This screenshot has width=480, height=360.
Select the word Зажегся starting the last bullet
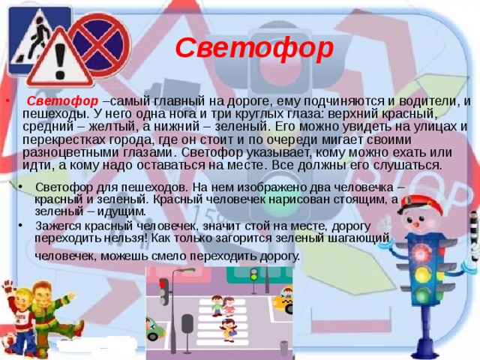pos(58,224)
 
